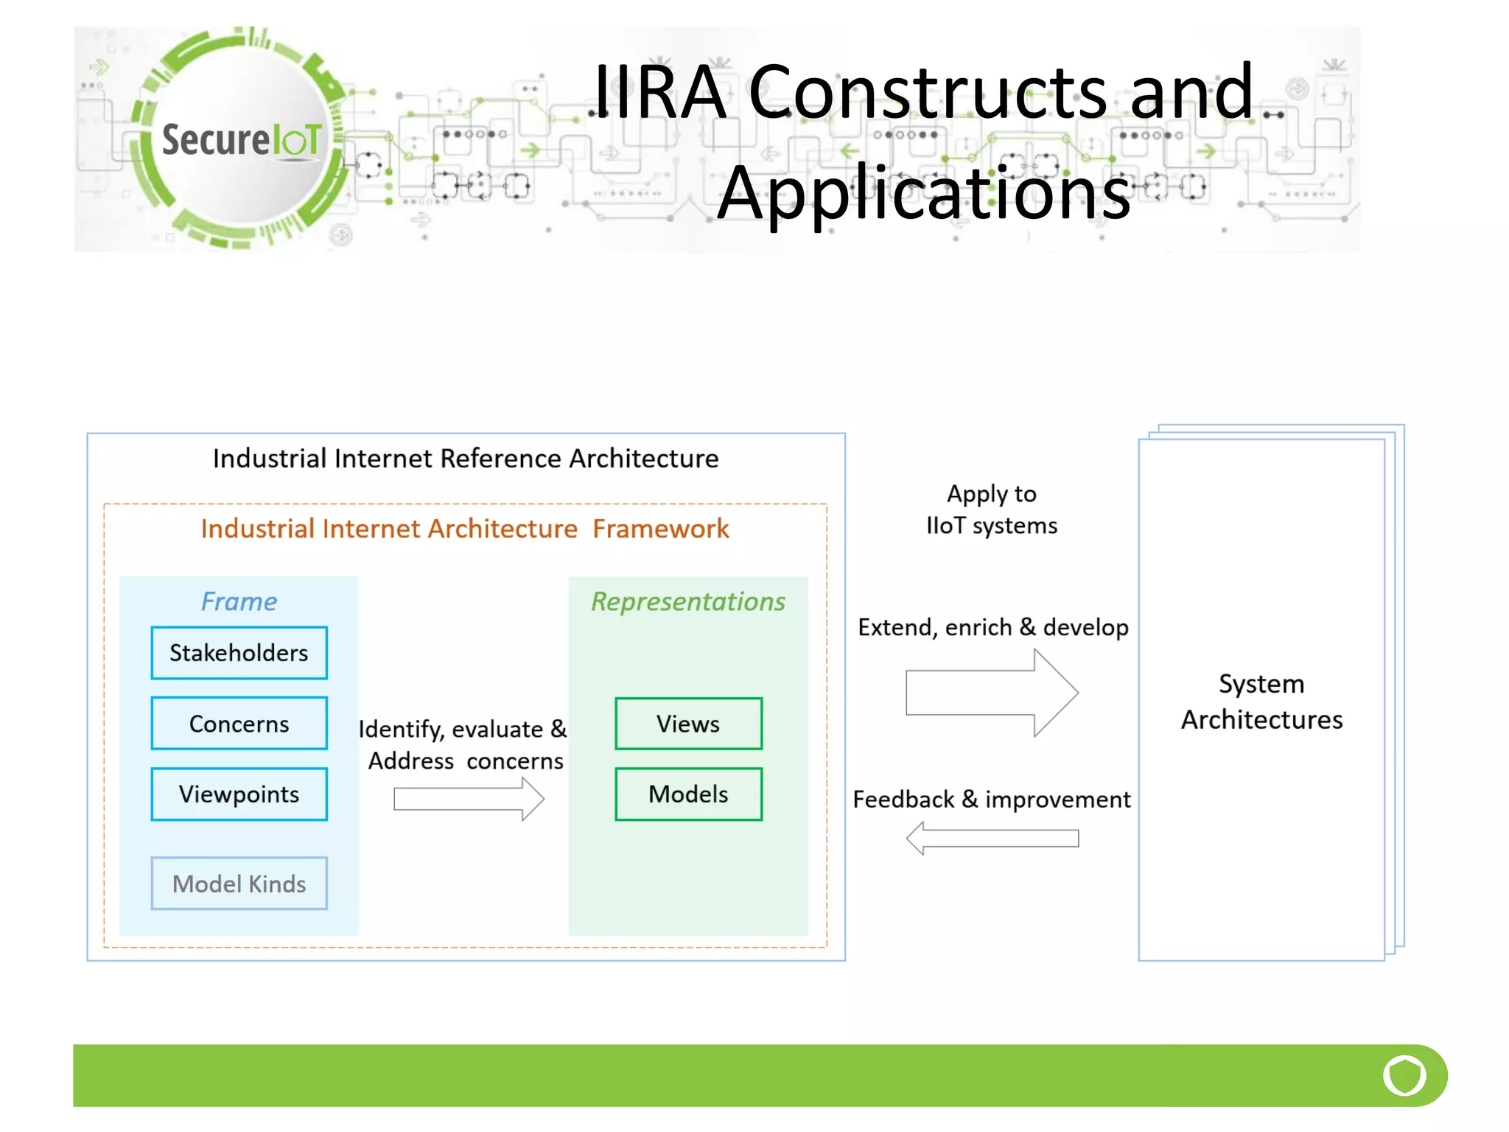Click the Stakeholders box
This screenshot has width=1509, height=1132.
[x=239, y=653]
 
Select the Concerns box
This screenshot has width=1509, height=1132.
[x=239, y=724]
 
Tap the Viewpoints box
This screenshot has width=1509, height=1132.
[x=239, y=794]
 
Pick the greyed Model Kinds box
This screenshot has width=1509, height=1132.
[x=239, y=884]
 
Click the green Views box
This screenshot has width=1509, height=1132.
[x=688, y=724]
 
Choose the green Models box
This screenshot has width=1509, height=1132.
[x=688, y=794]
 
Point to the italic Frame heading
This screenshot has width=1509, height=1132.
[x=239, y=601]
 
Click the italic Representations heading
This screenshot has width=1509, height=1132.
[x=688, y=601]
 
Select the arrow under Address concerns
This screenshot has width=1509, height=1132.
[x=469, y=799]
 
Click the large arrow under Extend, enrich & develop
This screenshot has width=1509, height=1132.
[x=992, y=693]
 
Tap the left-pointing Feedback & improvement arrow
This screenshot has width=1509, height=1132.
[x=992, y=839]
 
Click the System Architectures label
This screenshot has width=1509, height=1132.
[x=1261, y=702]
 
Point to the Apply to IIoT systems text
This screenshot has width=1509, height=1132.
[x=992, y=509]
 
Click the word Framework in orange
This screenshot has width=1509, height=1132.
[x=660, y=529]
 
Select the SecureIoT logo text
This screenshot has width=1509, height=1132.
[x=242, y=140]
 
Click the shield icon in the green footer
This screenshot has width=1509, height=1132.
[x=1404, y=1076]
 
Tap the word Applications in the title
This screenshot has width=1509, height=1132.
[x=924, y=193]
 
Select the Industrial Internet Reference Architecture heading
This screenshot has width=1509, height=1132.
[x=466, y=458]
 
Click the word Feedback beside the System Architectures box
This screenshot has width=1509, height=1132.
[x=903, y=800]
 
